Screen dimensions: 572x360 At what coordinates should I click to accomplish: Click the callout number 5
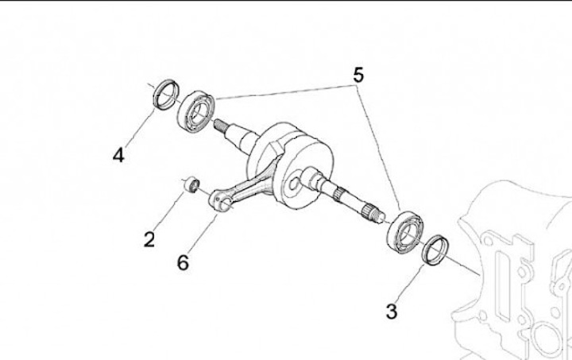[x=358, y=75]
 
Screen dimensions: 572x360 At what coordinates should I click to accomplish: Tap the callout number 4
[x=118, y=154]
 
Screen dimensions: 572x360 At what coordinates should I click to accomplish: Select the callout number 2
[x=149, y=238]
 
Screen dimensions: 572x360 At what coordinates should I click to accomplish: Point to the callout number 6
[x=183, y=261]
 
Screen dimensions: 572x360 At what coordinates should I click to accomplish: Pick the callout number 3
[x=391, y=311]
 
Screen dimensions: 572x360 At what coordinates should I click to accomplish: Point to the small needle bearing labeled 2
[x=191, y=185]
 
